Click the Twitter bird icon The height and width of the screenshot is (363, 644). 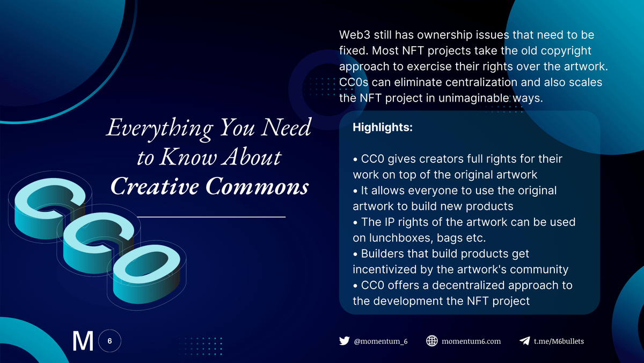[344, 341]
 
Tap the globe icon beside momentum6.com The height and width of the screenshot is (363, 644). [432, 341]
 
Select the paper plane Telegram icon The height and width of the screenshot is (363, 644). [525, 341]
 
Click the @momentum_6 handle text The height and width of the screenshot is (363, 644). [380, 341]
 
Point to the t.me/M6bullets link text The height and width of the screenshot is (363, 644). [559, 341]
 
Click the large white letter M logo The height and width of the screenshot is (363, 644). [83, 341]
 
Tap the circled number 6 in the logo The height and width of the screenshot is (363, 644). [109, 341]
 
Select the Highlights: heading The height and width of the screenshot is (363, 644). [383, 127]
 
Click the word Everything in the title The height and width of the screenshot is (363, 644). [160, 129]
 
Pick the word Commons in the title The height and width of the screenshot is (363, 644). [257, 187]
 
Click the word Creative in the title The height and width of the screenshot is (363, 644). [155, 187]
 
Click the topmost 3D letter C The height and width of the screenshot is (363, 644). [50, 208]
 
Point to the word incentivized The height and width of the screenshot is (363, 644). [384, 269]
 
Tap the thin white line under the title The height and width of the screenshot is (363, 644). [211, 217]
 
